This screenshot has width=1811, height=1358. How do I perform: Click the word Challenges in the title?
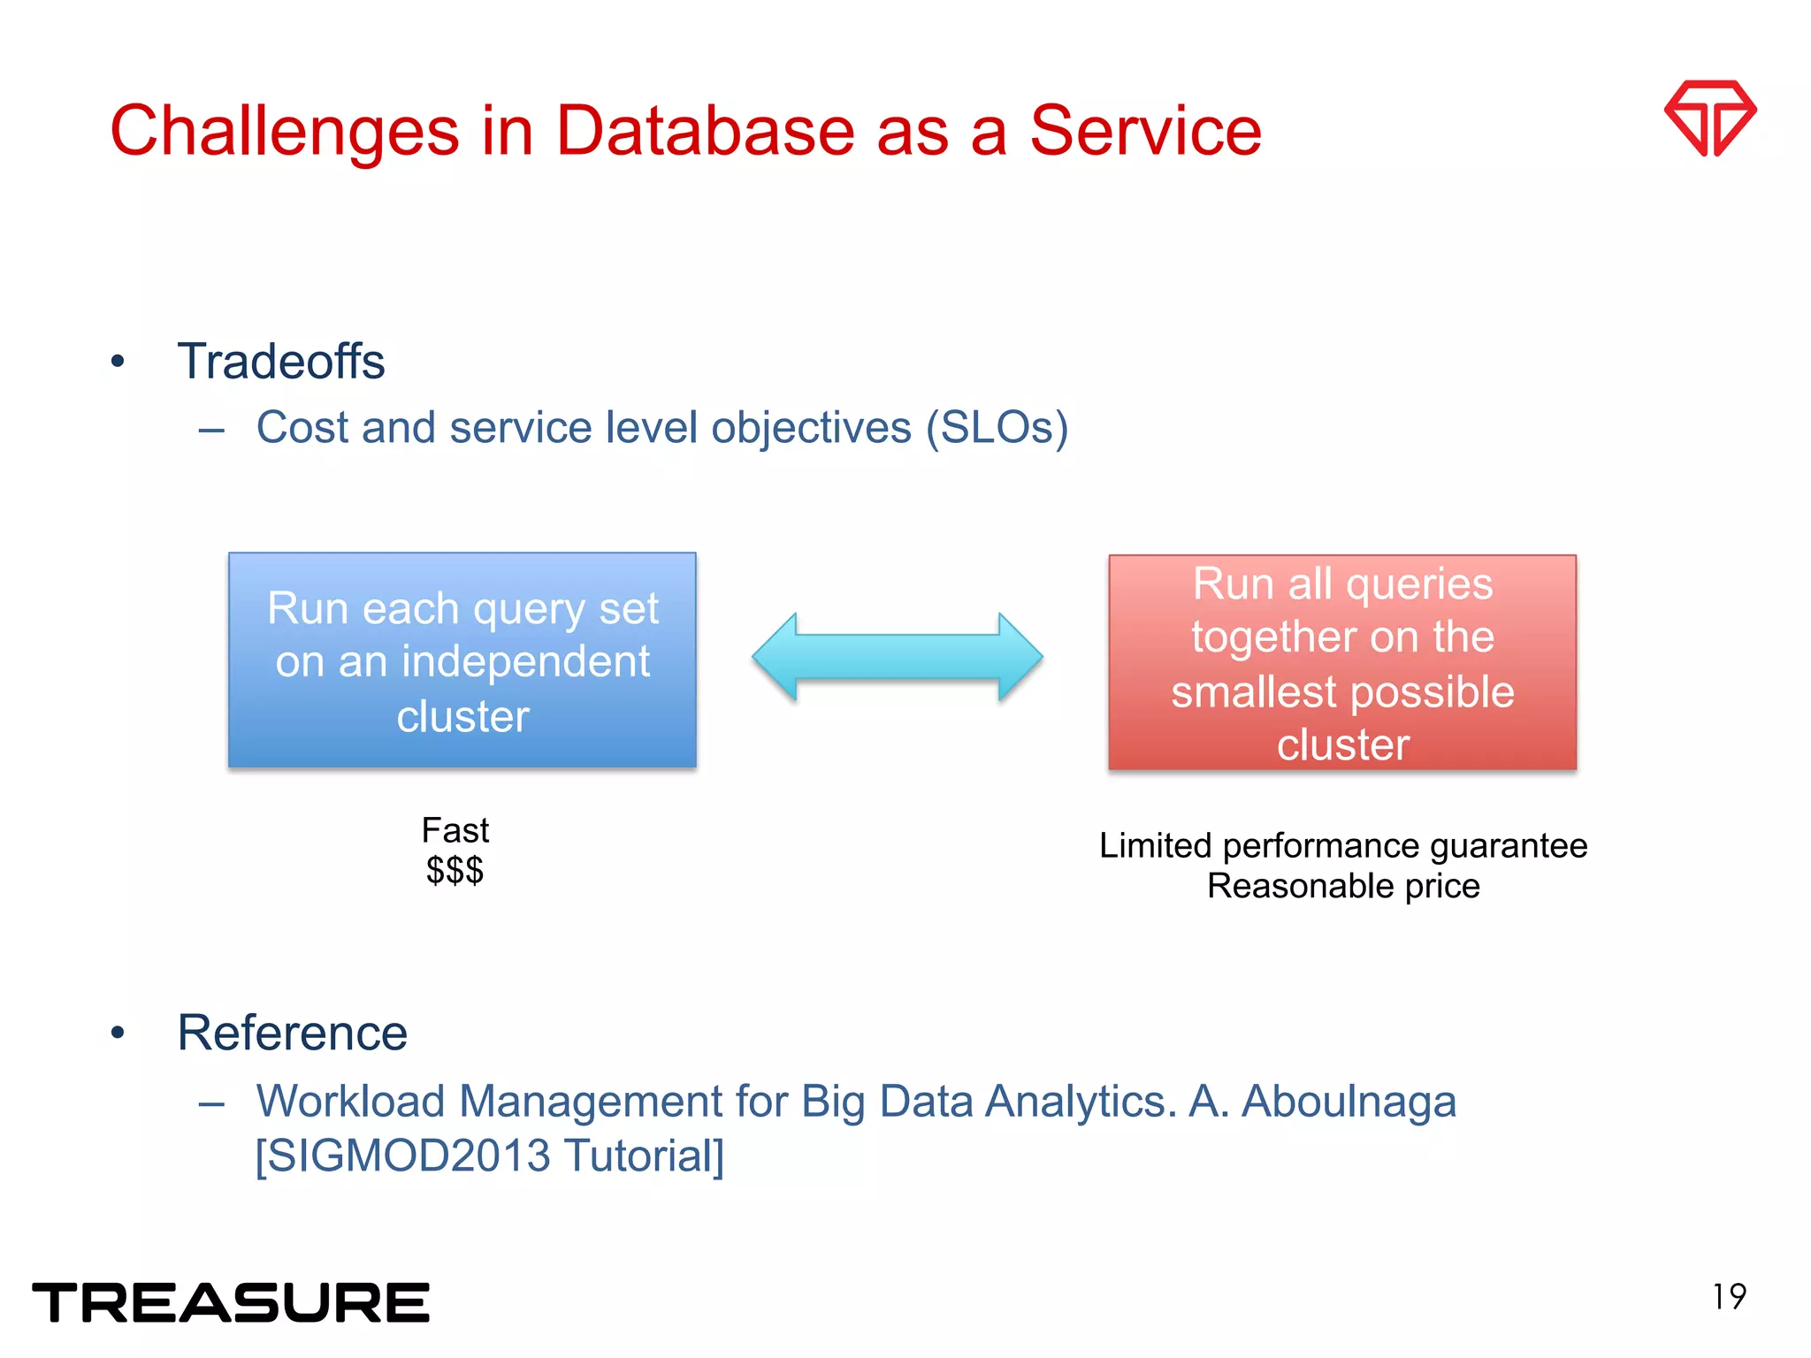[284, 131]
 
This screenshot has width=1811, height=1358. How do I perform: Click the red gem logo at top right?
[1709, 118]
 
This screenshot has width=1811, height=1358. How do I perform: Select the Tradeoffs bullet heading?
[280, 362]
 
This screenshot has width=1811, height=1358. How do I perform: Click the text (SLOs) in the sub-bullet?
[997, 428]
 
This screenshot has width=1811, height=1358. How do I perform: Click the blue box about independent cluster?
[462, 660]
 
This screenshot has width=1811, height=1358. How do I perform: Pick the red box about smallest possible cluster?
[1342, 662]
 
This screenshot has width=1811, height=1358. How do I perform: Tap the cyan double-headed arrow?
[898, 657]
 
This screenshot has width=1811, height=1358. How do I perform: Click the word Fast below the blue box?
[455, 830]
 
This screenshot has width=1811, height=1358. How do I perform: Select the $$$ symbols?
[455, 871]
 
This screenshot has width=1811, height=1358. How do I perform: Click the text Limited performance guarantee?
[1342, 846]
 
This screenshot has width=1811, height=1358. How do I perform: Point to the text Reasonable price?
[1342, 886]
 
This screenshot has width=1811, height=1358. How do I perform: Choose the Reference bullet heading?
[292, 1033]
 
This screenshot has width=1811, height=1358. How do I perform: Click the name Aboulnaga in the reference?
[1348, 1102]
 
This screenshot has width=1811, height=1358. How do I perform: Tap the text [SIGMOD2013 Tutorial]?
[489, 1156]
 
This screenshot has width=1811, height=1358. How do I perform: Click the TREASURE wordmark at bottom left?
[231, 1302]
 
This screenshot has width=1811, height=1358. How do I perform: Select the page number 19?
[1729, 1297]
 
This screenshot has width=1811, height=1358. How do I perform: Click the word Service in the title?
[1145, 131]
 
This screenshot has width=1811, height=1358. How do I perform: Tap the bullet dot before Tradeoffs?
[118, 362]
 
